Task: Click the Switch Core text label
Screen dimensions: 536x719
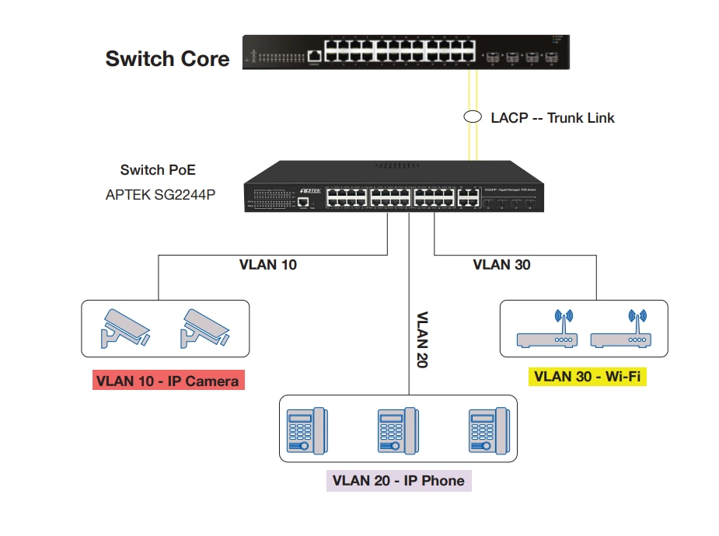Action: point(167,59)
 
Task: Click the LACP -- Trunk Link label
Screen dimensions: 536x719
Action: point(552,118)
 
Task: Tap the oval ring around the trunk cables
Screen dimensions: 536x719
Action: point(472,117)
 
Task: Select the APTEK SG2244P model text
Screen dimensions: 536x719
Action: point(160,195)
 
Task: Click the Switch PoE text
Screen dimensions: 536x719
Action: point(158,170)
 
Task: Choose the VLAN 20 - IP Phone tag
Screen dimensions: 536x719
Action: point(398,480)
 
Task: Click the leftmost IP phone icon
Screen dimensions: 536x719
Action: point(306,430)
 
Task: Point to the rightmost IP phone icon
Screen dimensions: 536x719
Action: point(487,430)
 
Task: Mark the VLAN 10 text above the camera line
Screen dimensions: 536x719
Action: point(267,265)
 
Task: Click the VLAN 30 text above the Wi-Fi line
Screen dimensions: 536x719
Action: point(501,265)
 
